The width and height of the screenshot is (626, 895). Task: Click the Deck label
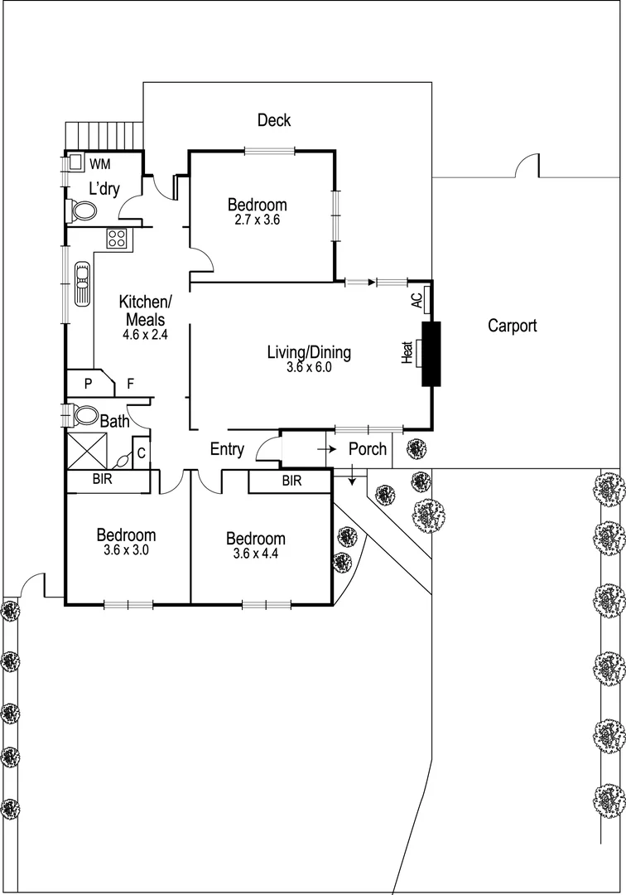pos(273,121)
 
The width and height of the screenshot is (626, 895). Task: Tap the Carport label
pos(512,326)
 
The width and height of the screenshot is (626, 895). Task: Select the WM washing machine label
pos(100,163)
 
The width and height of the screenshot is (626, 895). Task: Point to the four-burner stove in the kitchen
pos(116,239)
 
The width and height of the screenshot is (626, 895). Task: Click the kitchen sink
pos(82,284)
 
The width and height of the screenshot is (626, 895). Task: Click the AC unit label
pos(417,300)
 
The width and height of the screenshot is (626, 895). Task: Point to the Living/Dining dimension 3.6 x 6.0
pos(308,369)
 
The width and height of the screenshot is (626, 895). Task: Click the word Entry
pos(227,449)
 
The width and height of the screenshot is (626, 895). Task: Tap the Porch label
pos(367,448)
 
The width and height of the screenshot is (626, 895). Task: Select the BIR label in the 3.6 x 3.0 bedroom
pos(103,480)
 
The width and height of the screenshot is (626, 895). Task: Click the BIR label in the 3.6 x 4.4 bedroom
pos(291,481)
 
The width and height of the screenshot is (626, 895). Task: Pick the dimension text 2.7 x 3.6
pos(258,220)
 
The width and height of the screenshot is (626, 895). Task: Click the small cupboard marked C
pos(142,452)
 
